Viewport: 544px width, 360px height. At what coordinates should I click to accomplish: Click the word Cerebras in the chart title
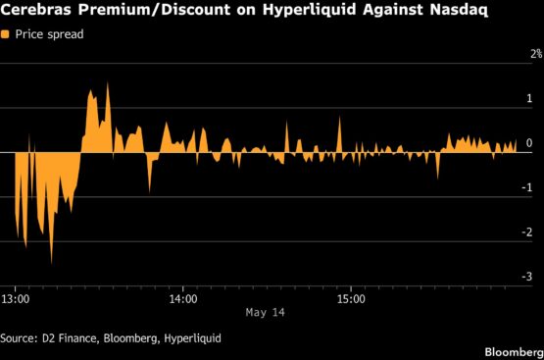coord(36,10)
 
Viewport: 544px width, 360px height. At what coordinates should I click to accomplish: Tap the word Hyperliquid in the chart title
coord(309,10)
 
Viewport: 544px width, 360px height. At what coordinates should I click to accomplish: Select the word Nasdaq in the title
coord(459,10)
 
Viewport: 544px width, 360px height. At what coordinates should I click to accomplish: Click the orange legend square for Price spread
coord(5,34)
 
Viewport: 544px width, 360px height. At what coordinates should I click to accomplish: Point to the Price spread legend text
coord(49,34)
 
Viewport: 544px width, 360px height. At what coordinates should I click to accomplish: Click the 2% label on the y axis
coord(536,54)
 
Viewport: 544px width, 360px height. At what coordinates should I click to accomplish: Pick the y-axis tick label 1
coord(529,98)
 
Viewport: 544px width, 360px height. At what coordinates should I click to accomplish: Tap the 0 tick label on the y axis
coord(529,142)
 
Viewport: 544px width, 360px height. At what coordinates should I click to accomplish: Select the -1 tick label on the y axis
coord(526,187)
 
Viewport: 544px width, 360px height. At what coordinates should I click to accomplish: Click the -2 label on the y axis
coord(526,231)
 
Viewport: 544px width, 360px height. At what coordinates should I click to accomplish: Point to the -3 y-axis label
coord(526,277)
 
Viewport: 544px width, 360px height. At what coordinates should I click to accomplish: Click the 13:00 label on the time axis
coord(16,299)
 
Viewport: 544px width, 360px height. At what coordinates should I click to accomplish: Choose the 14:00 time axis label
coord(183,299)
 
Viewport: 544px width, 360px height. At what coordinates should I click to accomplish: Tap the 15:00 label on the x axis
coord(351,299)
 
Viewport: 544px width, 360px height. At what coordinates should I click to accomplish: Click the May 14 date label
coord(265,313)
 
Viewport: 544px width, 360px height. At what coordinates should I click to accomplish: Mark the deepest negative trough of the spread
coord(52,264)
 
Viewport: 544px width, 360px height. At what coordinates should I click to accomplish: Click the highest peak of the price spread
coord(108,82)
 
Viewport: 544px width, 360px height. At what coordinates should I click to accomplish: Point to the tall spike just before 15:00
coord(339,117)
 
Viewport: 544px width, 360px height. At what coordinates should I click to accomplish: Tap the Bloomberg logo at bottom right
coord(515,352)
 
